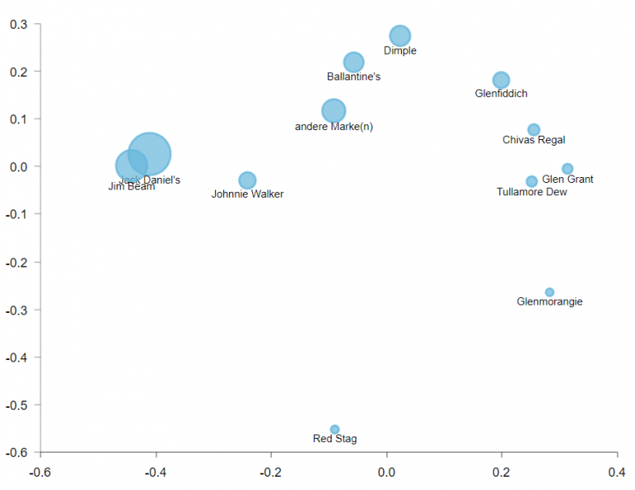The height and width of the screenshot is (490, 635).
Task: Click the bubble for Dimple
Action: (x=400, y=36)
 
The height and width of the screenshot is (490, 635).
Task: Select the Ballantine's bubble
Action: (x=354, y=62)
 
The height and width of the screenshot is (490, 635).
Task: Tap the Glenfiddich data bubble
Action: (x=501, y=80)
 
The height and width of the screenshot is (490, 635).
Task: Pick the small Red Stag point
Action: (x=335, y=430)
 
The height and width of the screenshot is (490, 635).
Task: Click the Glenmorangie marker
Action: (x=550, y=292)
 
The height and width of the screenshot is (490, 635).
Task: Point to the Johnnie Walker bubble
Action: (x=247, y=180)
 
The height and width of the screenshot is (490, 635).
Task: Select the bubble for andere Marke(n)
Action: (x=333, y=111)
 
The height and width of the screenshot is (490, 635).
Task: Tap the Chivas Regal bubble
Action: (x=534, y=130)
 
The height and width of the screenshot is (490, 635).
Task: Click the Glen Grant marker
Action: (x=567, y=169)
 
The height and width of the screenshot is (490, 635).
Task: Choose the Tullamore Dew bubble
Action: (x=532, y=181)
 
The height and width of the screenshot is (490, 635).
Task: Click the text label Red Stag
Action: (x=335, y=440)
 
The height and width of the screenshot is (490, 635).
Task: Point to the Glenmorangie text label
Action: (x=549, y=302)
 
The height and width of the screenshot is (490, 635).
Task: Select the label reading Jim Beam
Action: (x=131, y=187)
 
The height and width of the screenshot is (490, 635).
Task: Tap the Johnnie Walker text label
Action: (x=247, y=195)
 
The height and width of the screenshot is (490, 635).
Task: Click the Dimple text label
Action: (x=400, y=51)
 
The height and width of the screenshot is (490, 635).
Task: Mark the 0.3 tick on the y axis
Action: (x=18, y=24)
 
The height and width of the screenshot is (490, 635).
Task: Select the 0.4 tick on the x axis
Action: (x=617, y=473)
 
